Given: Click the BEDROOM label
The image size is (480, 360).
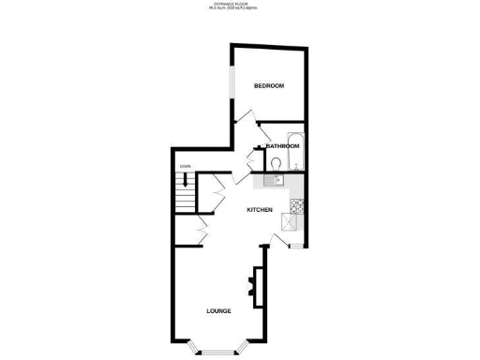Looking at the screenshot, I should point(269,86).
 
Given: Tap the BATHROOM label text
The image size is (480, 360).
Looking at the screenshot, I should point(281,146).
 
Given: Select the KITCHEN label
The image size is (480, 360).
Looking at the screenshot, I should point(259,210).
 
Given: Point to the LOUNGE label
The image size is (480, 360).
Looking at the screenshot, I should point(219,310).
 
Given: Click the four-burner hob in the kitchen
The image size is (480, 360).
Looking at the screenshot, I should point(295,205).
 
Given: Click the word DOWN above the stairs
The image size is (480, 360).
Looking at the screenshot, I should point(184,167).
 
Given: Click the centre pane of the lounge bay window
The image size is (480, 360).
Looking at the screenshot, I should point(218,351).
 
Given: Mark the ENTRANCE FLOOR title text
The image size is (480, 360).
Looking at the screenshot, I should point(240,4).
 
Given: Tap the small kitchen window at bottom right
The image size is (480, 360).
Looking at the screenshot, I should point(295,246).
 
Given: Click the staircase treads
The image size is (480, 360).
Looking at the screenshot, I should point(185,198).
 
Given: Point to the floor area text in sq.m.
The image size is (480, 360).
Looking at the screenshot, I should point(240,9).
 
